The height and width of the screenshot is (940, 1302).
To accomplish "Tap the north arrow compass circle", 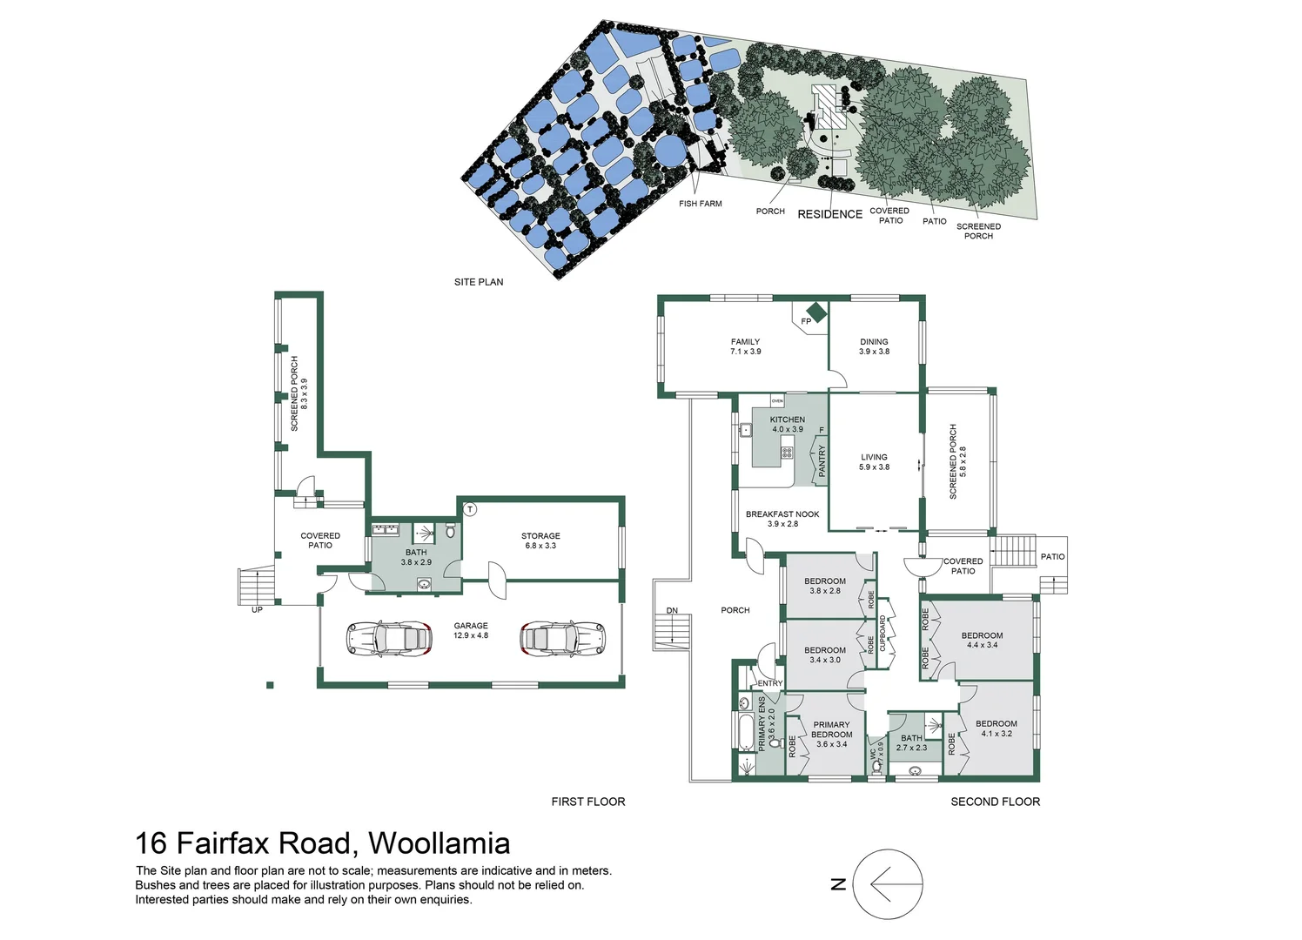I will pos(888,884).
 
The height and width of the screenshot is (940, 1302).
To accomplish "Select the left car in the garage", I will pos(390,638).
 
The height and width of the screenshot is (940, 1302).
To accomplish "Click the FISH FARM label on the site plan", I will pos(701,204).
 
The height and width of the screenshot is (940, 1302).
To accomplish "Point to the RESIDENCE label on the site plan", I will pos(829,214).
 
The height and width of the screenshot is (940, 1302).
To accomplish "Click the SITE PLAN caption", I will pos(479,282).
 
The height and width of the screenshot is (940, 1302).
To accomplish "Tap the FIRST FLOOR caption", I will pos(588,802).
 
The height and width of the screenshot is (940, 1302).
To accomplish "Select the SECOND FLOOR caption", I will pos(995,802).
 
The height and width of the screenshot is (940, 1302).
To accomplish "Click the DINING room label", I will pos(874,342).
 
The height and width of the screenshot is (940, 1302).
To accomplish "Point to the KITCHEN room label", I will pos(788,420).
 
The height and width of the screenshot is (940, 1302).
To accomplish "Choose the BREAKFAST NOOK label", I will pos(782,514).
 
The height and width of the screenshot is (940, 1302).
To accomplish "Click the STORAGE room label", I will pos(540,536).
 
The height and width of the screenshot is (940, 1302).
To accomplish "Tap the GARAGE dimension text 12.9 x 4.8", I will pos(471,635).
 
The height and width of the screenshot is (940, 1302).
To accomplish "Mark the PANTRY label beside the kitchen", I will pos(822,461).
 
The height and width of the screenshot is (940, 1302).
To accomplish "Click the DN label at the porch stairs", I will pos(672,610).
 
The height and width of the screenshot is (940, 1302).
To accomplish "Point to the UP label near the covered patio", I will pos(257,609).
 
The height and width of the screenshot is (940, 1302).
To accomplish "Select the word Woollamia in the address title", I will pos(439,843).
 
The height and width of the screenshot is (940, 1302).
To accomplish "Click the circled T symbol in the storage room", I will pos(470,509).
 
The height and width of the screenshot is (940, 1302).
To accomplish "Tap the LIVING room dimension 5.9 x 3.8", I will pos(874,467).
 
